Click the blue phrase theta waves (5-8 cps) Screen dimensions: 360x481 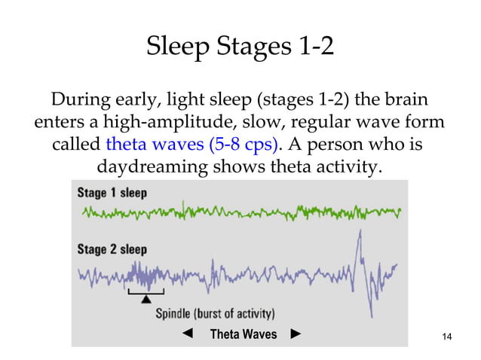191,143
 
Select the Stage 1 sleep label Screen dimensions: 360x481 112,192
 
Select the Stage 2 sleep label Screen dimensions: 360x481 112,249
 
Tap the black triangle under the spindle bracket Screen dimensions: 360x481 146,300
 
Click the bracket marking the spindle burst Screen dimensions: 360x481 146,291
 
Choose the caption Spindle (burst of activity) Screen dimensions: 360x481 215,313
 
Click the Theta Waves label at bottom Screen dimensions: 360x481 243,334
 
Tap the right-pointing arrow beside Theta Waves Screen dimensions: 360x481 296,334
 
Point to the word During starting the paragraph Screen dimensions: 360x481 80,99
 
